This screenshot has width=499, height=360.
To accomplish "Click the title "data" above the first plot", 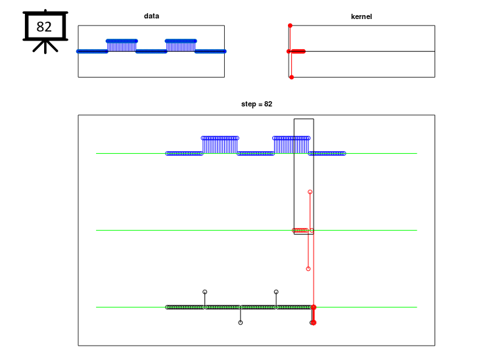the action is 151,16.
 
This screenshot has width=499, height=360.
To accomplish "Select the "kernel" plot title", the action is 361,16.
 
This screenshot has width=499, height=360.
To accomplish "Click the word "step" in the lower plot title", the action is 249,104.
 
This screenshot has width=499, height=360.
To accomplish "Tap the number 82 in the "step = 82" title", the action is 268,104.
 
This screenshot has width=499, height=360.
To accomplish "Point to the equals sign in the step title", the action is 260,104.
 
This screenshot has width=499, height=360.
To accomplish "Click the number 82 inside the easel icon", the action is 44,27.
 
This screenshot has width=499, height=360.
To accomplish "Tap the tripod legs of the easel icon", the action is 45,47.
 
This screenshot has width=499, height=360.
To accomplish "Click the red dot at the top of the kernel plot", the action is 290,26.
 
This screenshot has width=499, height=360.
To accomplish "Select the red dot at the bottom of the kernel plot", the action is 291,77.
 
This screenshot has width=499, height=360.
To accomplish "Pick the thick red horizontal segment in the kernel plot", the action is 298,51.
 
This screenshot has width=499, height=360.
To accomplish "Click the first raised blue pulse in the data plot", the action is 122,45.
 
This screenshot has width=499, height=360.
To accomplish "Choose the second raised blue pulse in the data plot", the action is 181,45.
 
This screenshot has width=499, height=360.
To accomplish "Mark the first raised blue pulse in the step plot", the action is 220,145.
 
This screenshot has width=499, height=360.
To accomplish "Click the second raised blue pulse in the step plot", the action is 291,145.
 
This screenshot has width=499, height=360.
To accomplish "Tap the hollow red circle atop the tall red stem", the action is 310,192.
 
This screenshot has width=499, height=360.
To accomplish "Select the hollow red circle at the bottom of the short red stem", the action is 308,269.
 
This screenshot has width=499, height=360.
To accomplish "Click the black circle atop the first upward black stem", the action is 205,292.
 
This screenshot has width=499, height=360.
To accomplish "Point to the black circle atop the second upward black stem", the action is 276,292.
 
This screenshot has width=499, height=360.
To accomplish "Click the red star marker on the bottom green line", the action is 314,307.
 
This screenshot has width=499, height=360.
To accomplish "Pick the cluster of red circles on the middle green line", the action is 300,230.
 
